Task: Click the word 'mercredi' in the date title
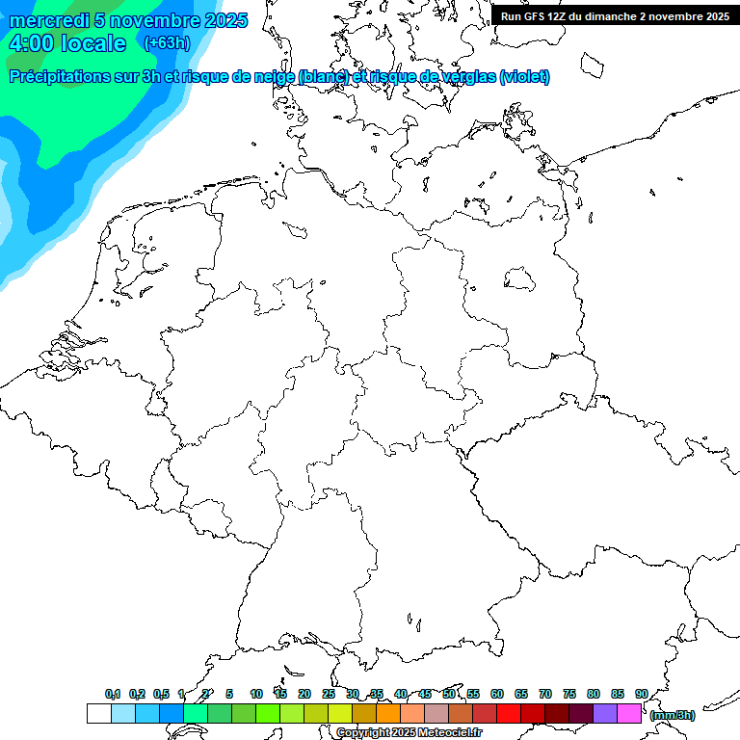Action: click(48, 20)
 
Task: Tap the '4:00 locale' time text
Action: click(67, 43)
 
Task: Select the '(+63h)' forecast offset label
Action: click(167, 42)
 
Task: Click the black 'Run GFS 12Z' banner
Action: click(615, 15)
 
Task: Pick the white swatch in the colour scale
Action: click(98, 714)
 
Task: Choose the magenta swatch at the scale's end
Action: click(629, 714)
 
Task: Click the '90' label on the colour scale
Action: click(641, 694)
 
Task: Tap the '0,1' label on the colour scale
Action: click(113, 694)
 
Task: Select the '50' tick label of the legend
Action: click(449, 694)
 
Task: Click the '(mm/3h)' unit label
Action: click(673, 715)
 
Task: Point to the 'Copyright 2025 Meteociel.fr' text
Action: click(410, 732)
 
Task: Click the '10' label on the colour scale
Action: click(256, 694)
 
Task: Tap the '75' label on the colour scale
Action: click(569, 694)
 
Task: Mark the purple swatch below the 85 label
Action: click(605, 714)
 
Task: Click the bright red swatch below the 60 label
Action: click(509, 714)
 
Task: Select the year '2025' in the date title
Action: click(220, 20)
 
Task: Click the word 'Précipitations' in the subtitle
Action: click(61, 76)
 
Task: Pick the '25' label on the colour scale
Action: click(329, 694)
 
